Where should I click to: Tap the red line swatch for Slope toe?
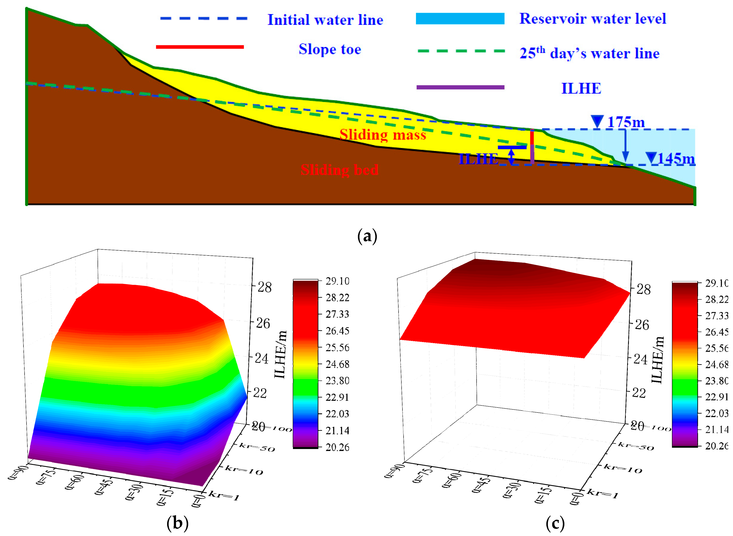[x=200, y=47]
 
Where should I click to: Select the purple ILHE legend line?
[x=460, y=87]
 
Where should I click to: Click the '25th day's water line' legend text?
[x=589, y=53]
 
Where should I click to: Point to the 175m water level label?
[x=625, y=122]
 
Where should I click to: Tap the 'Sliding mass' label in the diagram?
[x=382, y=135]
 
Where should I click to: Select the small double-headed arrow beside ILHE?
[x=511, y=157]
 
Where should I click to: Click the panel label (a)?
[x=367, y=236]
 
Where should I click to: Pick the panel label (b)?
[x=177, y=523]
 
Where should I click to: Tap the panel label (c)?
[x=555, y=523]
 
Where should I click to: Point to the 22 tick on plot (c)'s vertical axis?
[x=639, y=393]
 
